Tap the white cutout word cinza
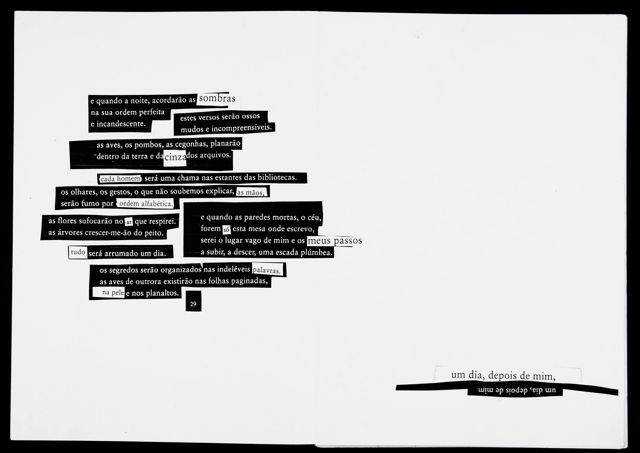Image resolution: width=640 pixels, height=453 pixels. (x=175, y=157)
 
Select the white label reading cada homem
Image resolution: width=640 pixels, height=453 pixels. (x=120, y=179)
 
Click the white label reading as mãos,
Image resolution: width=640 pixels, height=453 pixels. (x=251, y=193)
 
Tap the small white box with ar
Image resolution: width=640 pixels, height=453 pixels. (x=129, y=222)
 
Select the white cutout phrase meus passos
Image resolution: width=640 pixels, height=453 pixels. (x=334, y=241)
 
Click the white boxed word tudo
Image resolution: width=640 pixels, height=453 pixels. (x=78, y=252)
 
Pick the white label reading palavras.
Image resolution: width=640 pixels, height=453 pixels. (x=267, y=270)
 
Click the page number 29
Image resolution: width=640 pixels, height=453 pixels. (x=193, y=304)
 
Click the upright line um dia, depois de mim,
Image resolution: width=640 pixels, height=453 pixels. (x=503, y=376)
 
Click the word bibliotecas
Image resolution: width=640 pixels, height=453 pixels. (x=277, y=177)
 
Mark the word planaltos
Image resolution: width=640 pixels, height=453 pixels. (x=162, y=293)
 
